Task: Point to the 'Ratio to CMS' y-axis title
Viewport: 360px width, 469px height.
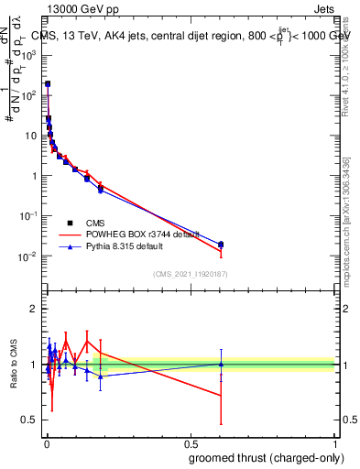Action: coord(15,363)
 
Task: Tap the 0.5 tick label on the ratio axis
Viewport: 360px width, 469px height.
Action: coord(31,420)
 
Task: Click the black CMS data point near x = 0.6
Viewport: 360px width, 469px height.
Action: coord(221,245)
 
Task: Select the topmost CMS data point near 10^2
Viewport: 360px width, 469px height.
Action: coord(48,83)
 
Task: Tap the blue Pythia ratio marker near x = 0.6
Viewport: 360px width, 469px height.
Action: coord(221,364)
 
